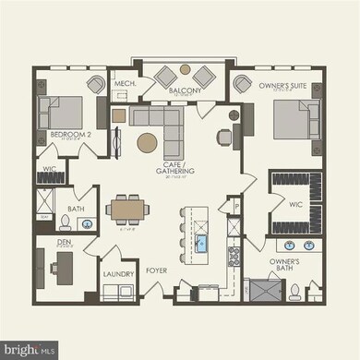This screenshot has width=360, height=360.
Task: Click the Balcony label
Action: (186, 91)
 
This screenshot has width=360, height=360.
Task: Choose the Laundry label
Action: (119, 273)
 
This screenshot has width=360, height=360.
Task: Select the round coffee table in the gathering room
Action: (147, 142)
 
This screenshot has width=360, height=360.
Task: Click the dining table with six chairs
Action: (125, 210)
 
